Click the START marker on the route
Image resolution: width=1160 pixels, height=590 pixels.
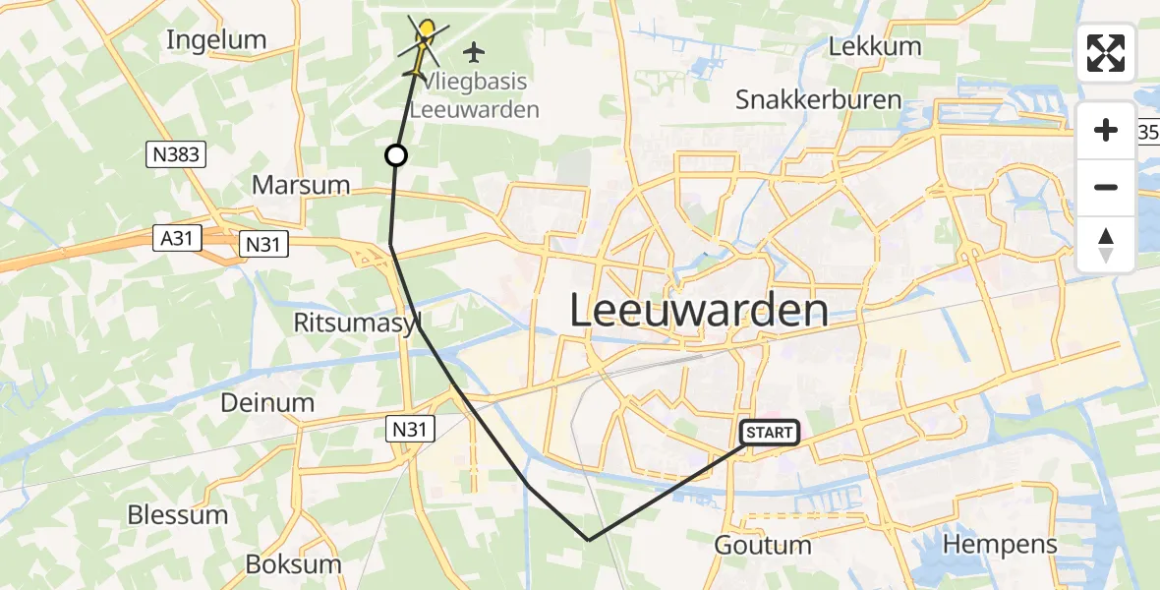click(770, 433)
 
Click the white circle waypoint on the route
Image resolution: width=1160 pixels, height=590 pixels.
click(395, 155)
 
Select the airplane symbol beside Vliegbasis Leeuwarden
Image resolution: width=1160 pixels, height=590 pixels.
click(475, 51)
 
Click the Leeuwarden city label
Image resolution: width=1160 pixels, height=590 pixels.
click(699, 312)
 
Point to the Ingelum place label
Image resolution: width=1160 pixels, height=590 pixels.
click(216, 40)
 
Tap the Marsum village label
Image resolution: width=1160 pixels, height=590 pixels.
click(301, 185)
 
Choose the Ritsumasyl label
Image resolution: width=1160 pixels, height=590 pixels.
click(357, 323)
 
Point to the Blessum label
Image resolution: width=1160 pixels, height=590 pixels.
click(177, 514)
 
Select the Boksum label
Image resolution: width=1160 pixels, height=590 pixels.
click(293, 564)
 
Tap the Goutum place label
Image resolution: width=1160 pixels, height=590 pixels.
click(763, 545)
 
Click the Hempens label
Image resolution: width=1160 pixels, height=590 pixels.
click(1000, 544)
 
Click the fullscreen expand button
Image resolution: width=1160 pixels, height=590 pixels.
click(1106, 53)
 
